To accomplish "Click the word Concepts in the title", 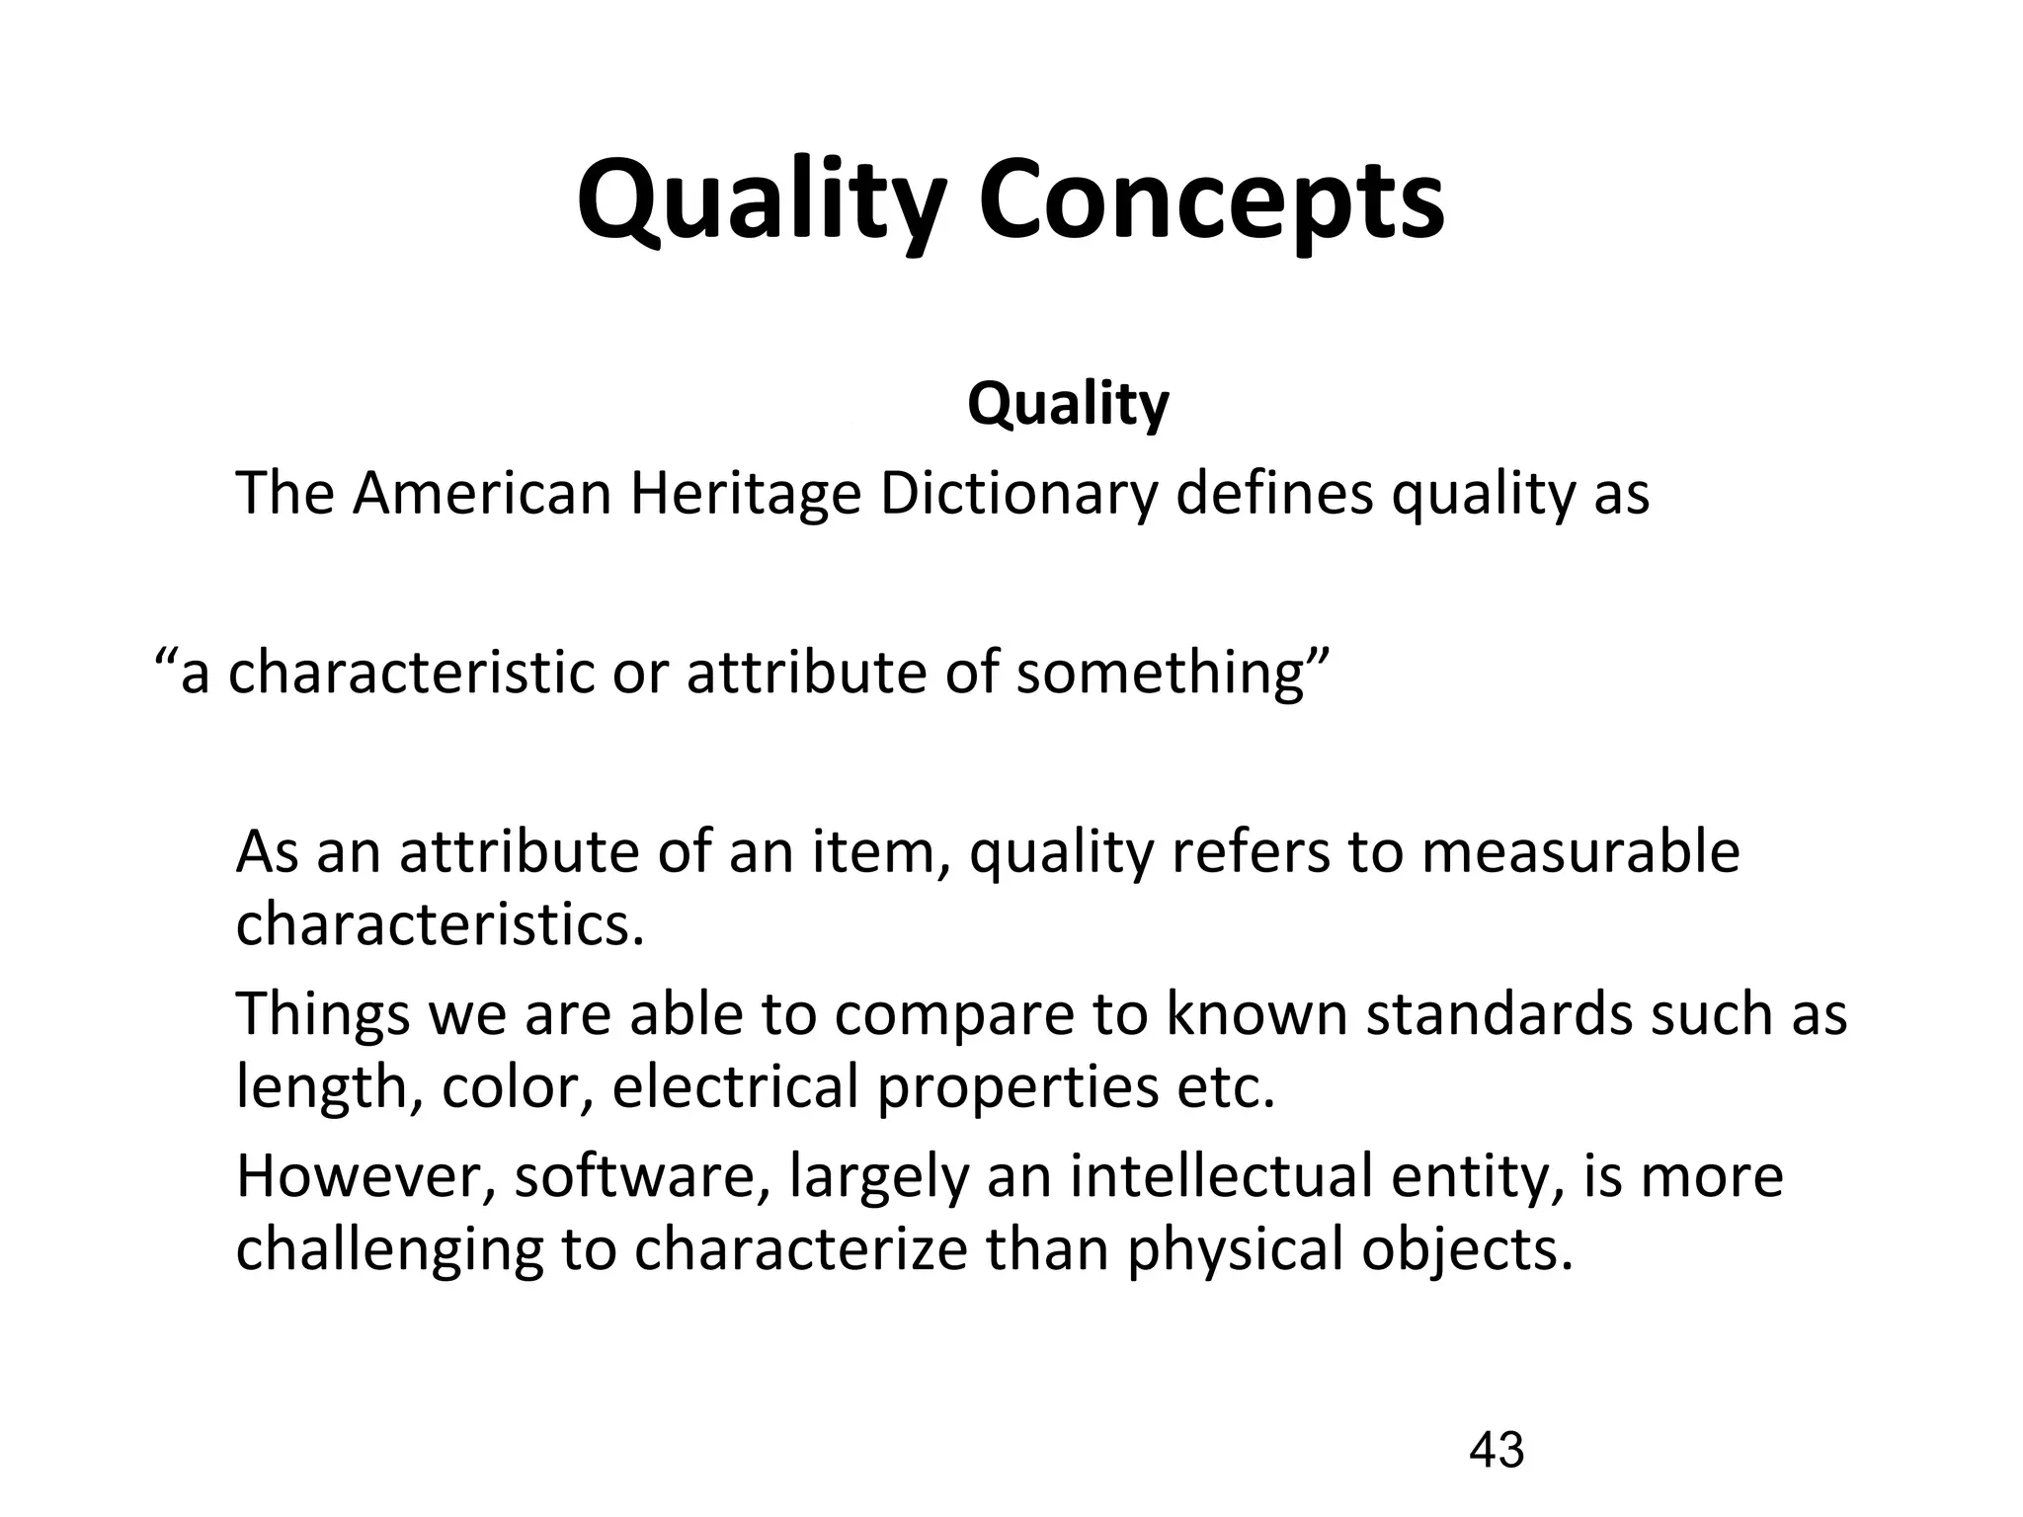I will click(x=1211, y=202).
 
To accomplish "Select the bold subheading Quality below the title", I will click(x=1068, y=404).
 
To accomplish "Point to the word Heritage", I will click(x=745, y=495).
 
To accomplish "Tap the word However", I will click(x=364, y=1177).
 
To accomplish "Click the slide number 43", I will click(x=1497, y=1451).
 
